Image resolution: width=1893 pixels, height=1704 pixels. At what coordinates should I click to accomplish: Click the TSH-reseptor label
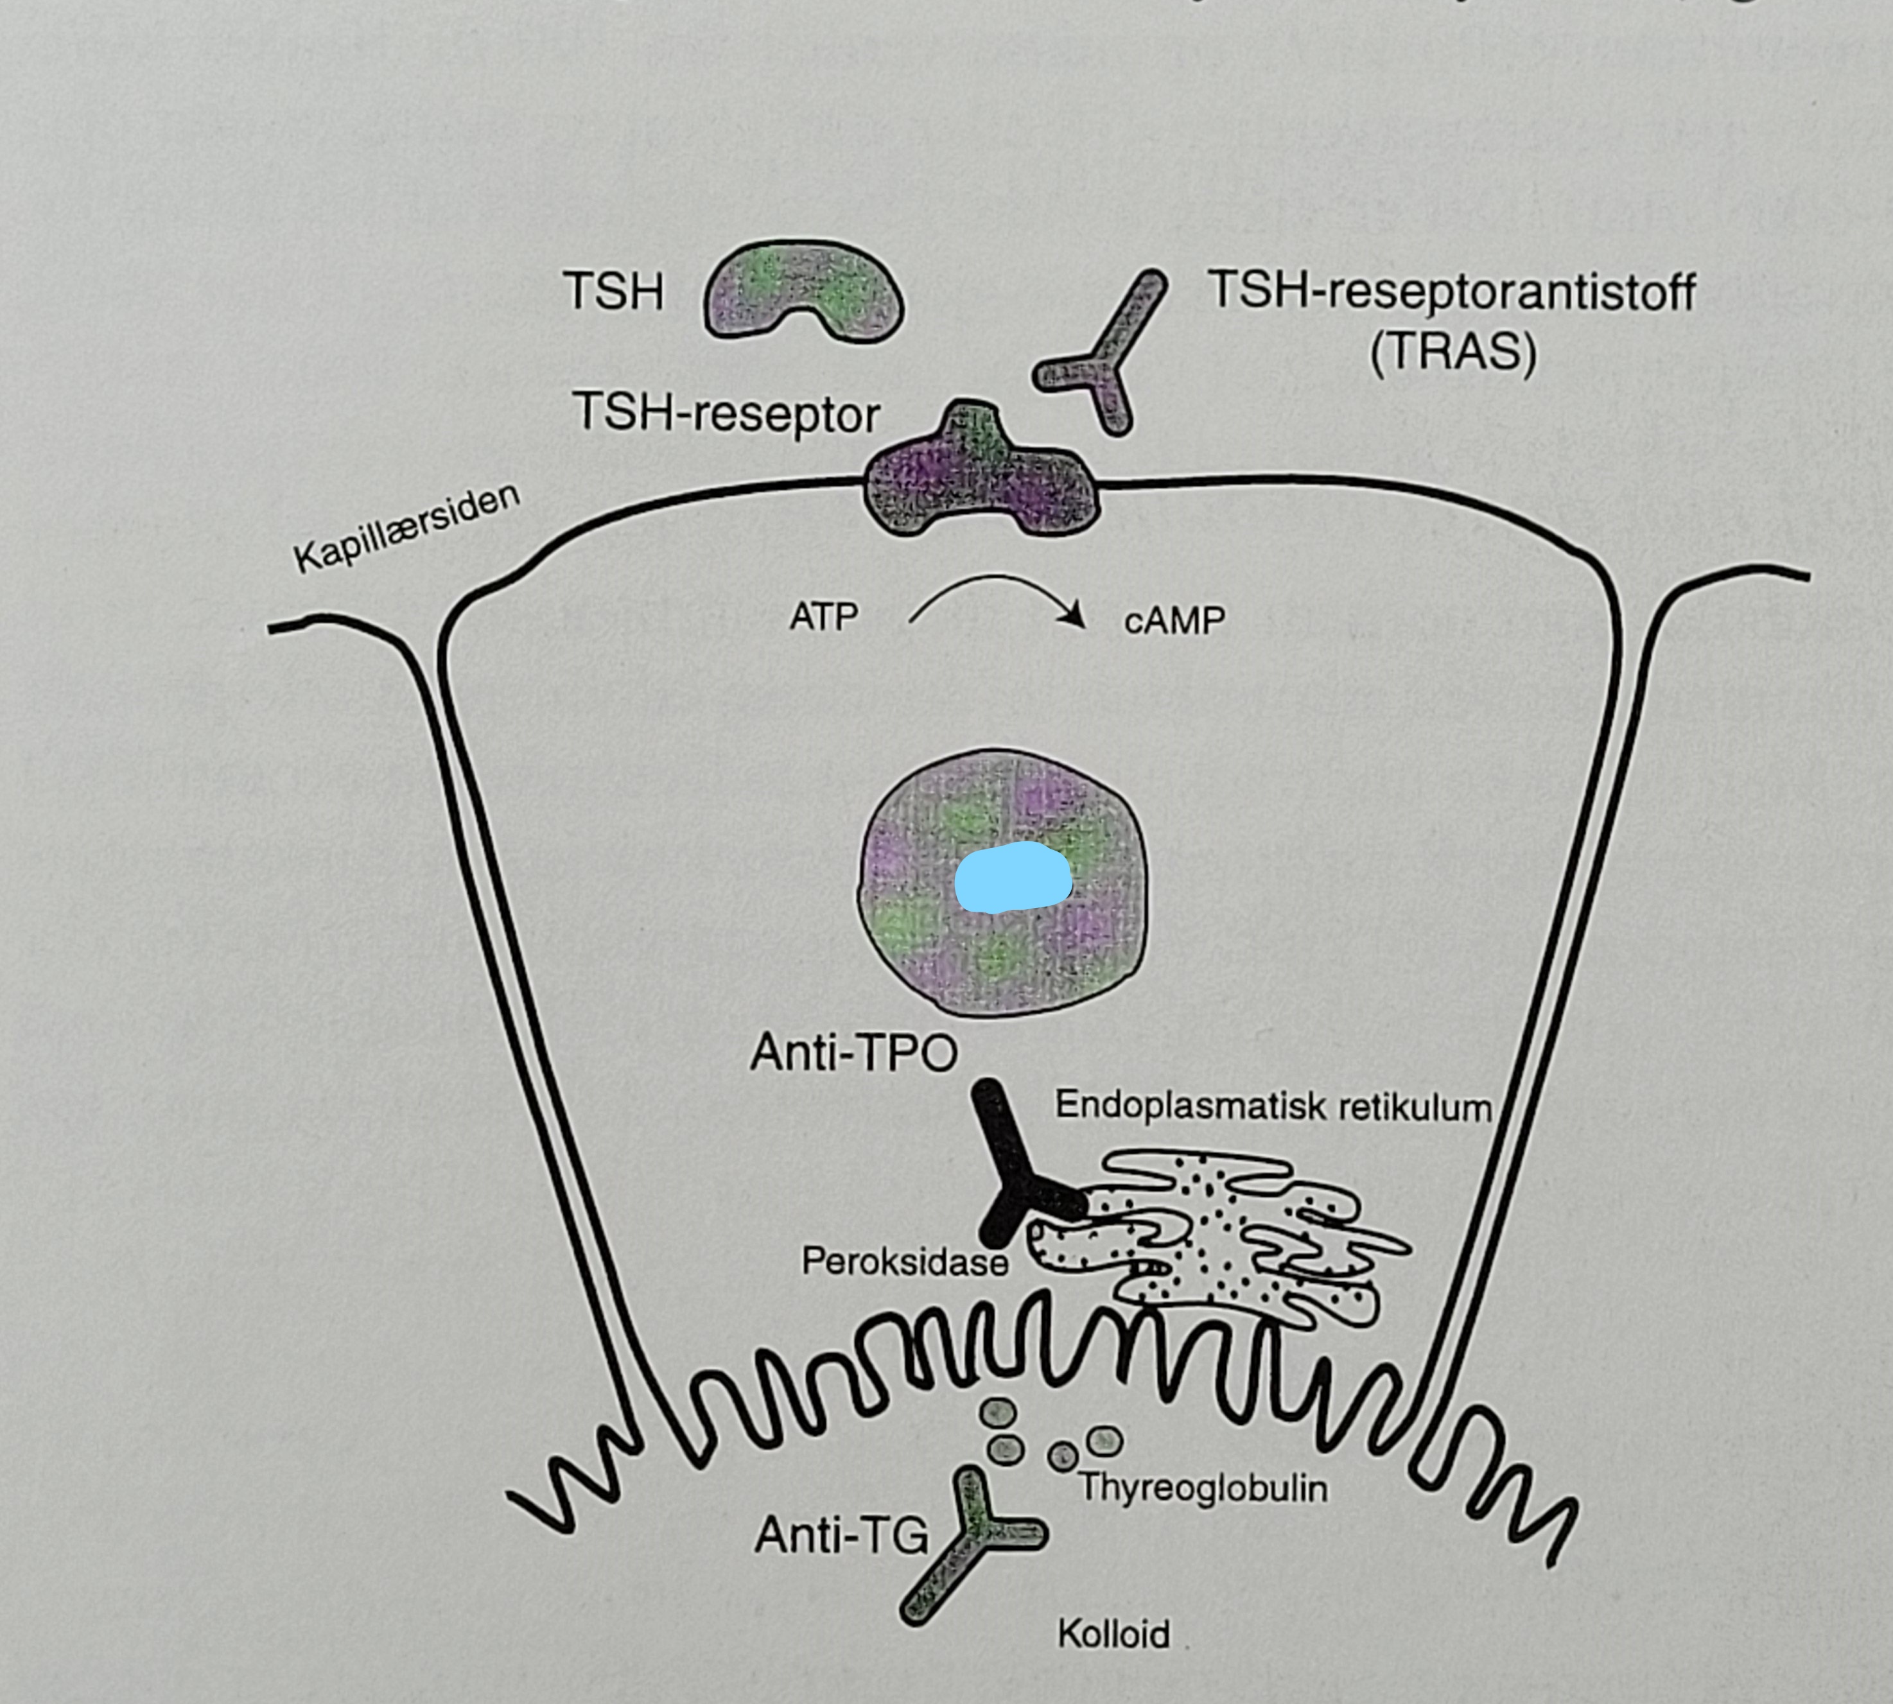(726, 413)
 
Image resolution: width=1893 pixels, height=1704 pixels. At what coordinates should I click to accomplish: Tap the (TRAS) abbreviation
(1453, 353)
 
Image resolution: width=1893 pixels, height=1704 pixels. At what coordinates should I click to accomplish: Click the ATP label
(824, 617)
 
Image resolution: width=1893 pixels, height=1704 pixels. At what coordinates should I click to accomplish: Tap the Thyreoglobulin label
(1203, 1487)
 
